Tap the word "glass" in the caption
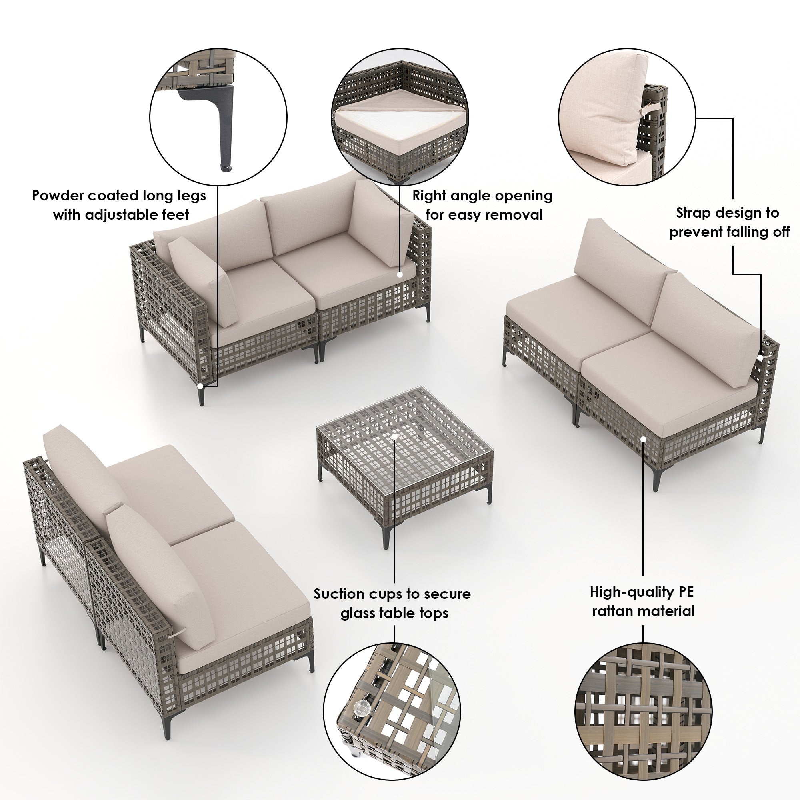(x=358, y=613)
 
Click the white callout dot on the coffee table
(x=395, y=436)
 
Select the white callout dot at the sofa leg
(x=200, y=386)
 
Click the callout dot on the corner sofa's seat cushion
(x=400, y=274)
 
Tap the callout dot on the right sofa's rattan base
(x=643, y=438)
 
